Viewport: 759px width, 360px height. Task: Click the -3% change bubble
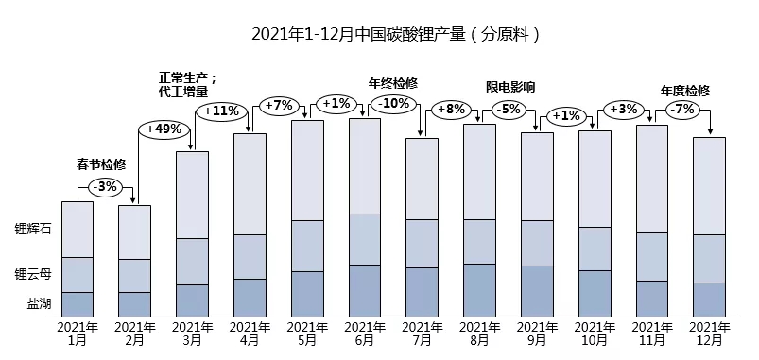[106, 186]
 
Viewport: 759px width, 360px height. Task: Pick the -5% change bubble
[508, 109]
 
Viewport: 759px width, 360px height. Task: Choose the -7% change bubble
[681, 109]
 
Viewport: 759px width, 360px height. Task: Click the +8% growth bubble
[450, 109]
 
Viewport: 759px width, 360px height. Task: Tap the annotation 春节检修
[101, 163]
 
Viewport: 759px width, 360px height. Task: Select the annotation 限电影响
[509, 87]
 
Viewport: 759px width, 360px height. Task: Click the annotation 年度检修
[684, 92]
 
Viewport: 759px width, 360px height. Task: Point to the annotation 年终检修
[392, 82]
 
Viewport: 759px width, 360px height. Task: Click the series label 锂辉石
[33, 229]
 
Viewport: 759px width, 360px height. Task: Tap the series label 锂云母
[33, 274]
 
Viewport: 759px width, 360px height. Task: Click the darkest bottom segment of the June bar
[365, 290]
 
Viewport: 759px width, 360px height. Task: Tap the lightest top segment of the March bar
[193, 194]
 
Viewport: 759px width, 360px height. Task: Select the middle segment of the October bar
[595, 249]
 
